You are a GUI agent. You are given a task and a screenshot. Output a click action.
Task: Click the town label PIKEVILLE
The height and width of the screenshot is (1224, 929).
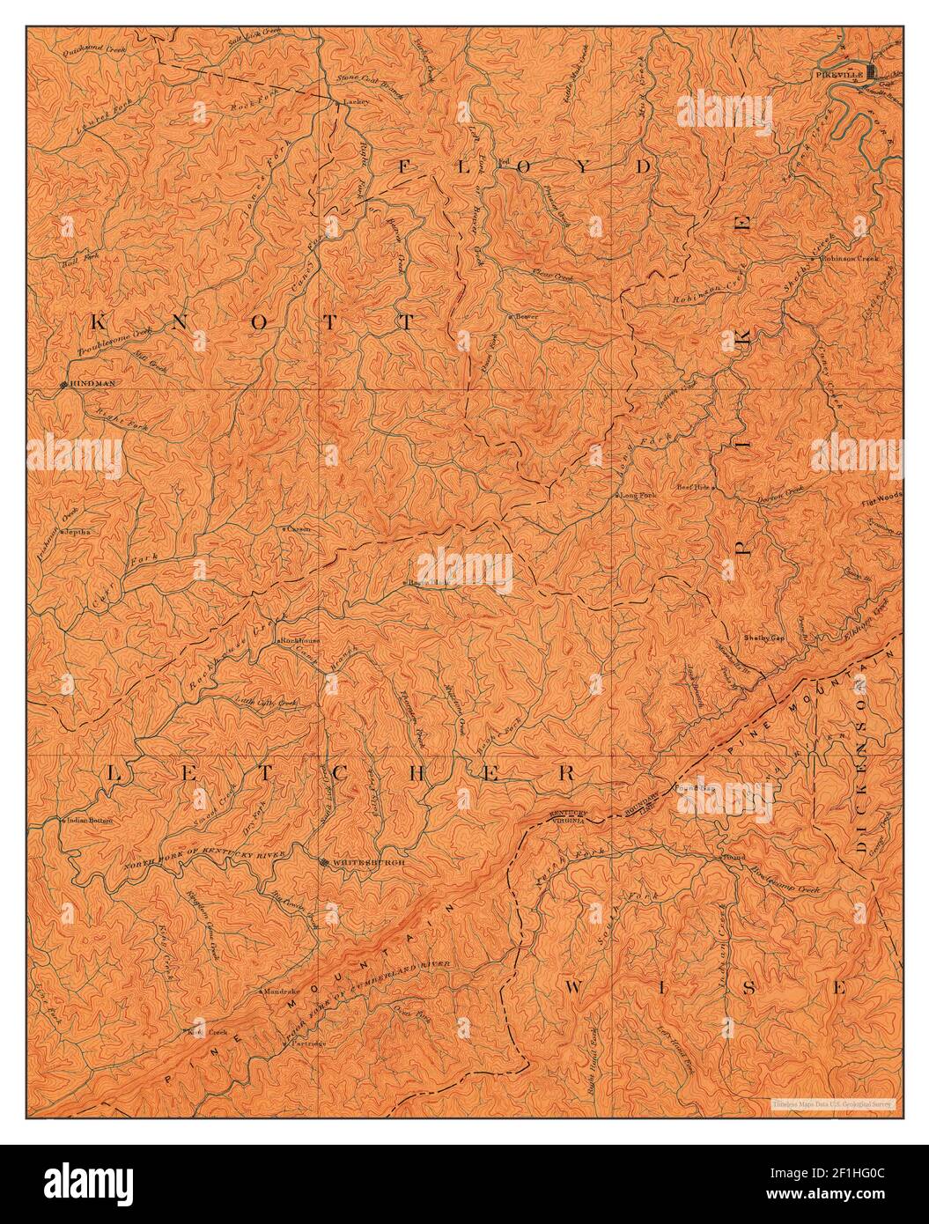coord(837,77)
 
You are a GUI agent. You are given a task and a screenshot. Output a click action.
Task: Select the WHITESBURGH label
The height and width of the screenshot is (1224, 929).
coord(369,863)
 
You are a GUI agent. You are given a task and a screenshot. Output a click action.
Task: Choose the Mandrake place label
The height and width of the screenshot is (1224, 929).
coord(283,991)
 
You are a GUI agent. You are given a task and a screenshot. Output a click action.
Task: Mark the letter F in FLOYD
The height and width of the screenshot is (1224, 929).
coord(406,166)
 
